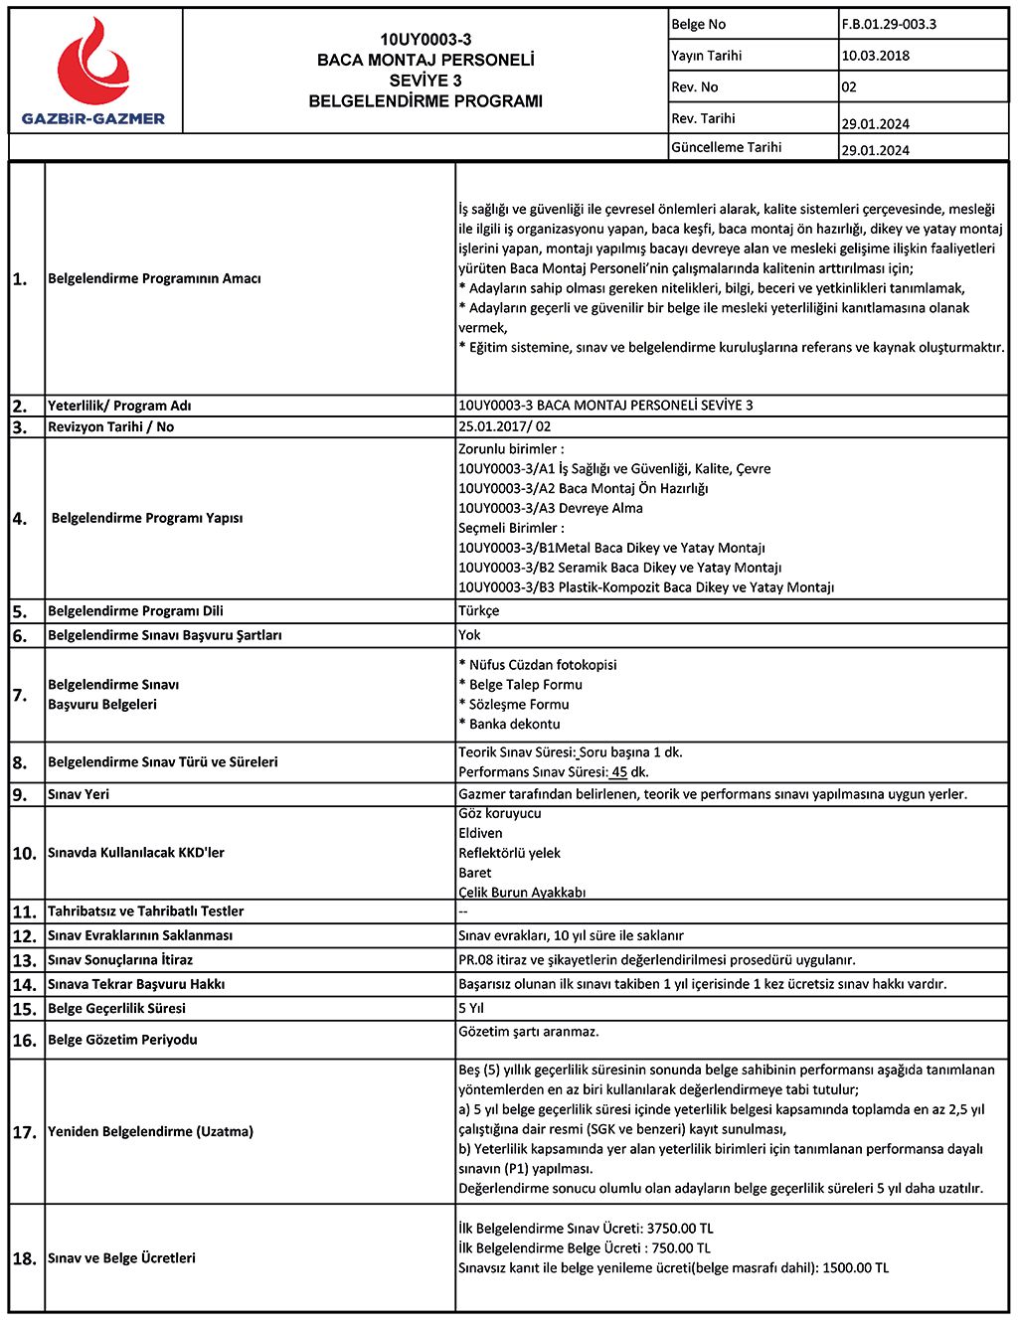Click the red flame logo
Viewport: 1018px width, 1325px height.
[93, 66]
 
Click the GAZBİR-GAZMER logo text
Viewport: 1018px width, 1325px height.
[93, 119]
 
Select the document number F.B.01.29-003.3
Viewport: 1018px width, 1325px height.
[889, 24]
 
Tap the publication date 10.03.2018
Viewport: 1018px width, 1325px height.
[875, 56]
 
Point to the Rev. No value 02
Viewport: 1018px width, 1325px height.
[849, 86]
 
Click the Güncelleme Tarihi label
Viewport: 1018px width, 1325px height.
[726, 147]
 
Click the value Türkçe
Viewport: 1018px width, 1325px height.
[479, 611]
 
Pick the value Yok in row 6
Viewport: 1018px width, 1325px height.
[469, 635]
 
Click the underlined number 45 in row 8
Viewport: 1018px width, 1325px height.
[619, 772]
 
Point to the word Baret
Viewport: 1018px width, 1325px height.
[475, 873]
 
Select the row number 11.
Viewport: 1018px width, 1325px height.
[24, 911]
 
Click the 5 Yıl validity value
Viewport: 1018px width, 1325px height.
[471, 1008]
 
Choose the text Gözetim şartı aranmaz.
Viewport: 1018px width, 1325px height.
[529, 1032]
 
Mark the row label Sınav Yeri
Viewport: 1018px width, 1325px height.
[79, 795]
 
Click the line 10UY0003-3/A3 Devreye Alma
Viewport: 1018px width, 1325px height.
[551, 508]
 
